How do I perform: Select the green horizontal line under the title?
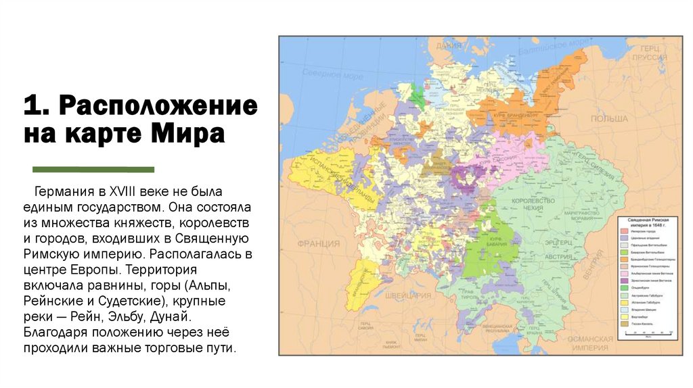point(93,169)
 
